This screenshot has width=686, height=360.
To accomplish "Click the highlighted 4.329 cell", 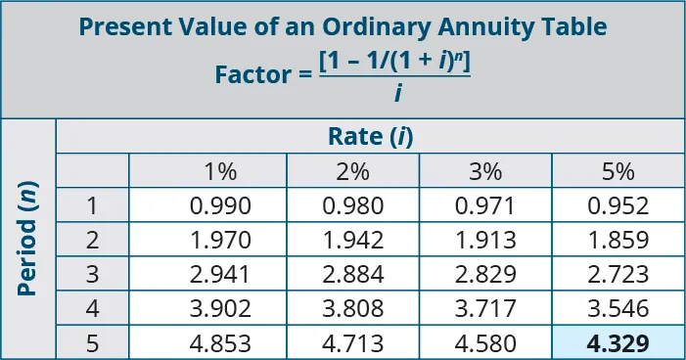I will click(618, 343).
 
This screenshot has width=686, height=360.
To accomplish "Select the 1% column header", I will click(220, 171).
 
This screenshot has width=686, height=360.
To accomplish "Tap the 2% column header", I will click(352, 171).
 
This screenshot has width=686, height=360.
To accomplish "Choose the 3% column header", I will click(484, 171).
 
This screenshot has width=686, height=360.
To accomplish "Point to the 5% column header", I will click(618, 171).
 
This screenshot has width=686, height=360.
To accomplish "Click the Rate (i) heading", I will click(370, 137).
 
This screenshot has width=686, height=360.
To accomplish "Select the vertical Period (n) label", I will click(28, 241).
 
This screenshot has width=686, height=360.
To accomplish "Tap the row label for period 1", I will click(92, 205).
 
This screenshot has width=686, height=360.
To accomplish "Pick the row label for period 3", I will click(92, 274).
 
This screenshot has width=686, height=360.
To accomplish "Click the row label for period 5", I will click(92, 343).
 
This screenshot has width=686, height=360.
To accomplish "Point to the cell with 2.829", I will click(485, 274).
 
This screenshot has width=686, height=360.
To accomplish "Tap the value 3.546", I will click(618, 309).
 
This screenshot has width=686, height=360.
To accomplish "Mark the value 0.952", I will click(618, 205).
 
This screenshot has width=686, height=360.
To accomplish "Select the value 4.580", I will click(485, 343).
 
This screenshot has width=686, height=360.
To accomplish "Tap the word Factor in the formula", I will click(250, 74).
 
